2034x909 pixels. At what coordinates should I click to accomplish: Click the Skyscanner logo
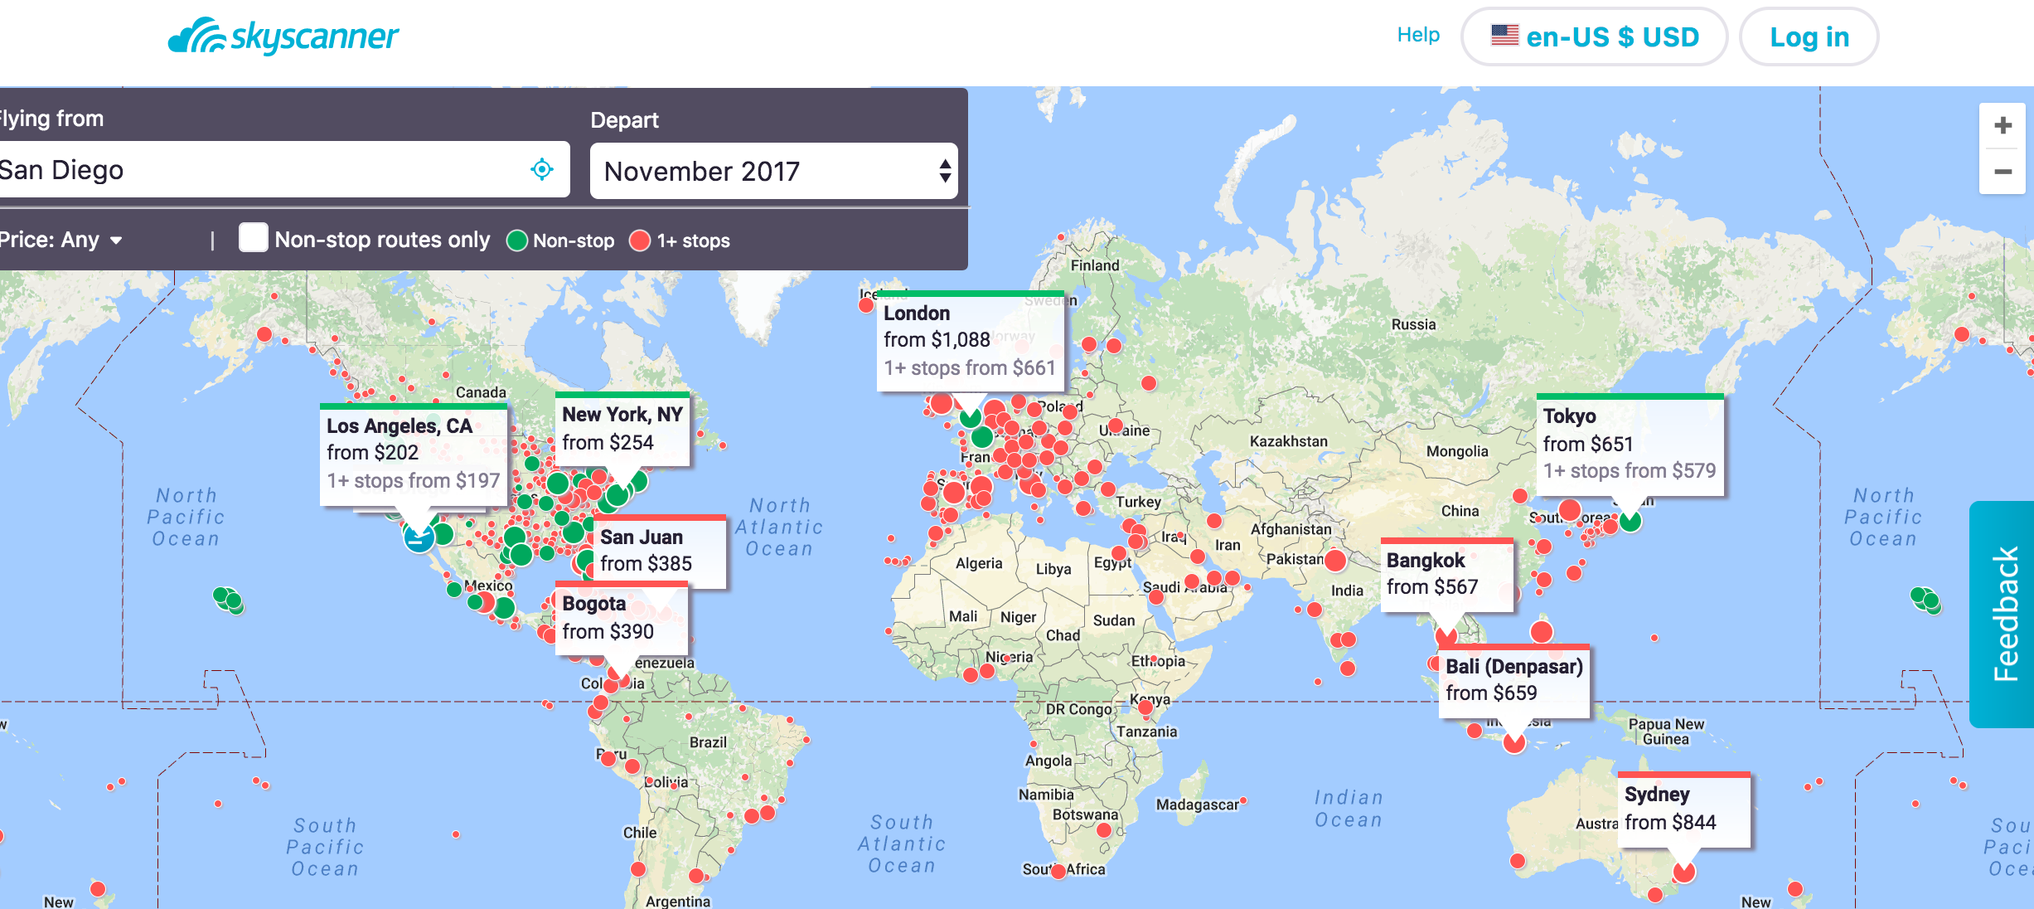[x=283, y=36]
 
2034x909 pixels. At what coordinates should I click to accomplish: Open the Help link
[x=1418, y=35]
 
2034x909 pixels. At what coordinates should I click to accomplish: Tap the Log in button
[x=1809, y=37]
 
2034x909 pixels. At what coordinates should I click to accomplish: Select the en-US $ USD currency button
[x=1594, y=37]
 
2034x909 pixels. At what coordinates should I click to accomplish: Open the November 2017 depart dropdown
[x=773, y=172]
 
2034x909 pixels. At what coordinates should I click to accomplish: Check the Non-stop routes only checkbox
[x=254, y=238]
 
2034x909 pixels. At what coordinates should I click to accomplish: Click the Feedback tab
[x=2004, y=614]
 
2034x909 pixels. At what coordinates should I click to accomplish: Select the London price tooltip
[x=969, y=341]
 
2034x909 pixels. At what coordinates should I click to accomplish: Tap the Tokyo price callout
[x=1629, y=444]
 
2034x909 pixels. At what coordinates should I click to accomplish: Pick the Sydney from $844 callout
[x=1683, y=809]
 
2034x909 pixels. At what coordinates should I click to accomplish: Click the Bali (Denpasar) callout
[x=1513, y=680]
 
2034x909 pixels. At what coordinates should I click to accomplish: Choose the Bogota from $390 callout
[x=621, y=618]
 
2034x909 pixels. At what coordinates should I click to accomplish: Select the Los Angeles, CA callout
[x=413, y=453]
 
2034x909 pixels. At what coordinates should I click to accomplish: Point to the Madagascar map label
[x=1197, y=804]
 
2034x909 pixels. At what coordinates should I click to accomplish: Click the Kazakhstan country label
[x=1288, y=442]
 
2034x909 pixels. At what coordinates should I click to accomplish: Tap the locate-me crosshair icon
[x=542, y=170]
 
